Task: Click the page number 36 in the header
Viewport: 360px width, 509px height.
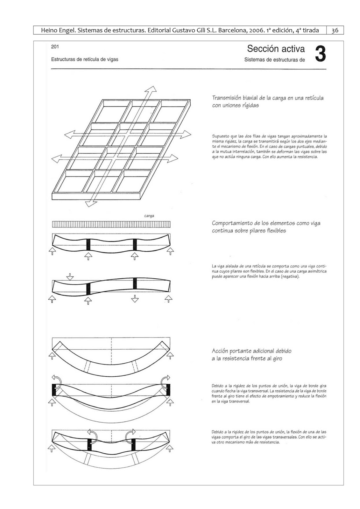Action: pyautogui.click(x=335, y=31)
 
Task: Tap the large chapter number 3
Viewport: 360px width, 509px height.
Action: pyautogui.click(x=321, y=54)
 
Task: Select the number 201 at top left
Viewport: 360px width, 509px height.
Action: pyautogui.click(x=55, y=47)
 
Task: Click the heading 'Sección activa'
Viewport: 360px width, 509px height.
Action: pyautogui.click(x=276, y=49)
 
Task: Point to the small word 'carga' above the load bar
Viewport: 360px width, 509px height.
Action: pyautogui.click(x=149, y=216)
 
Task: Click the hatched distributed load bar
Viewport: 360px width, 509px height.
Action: pyautogui.click(x=111, y=224)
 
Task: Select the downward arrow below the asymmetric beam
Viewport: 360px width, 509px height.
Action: pyautogui.click(x=135, y=299)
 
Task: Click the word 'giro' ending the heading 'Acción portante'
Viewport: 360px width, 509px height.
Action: pyautogui.click(x=276, y=359)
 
